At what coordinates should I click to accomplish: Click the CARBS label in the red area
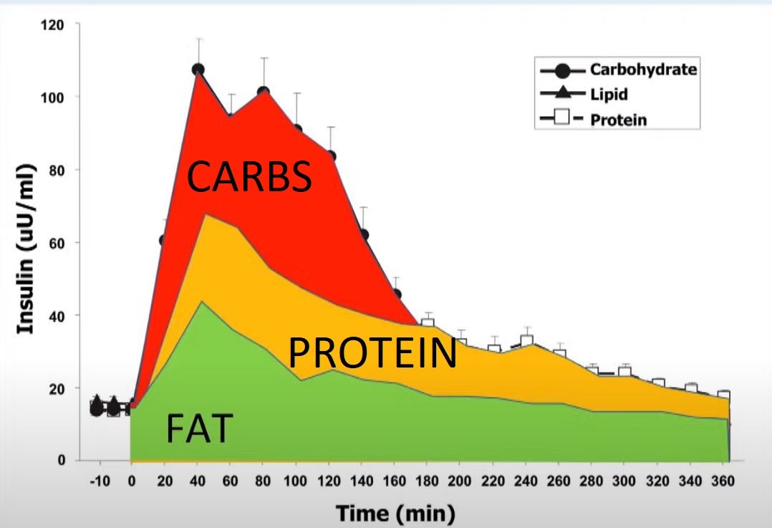click(x=249, y=177)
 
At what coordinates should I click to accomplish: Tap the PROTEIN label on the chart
click(x=372, y=353)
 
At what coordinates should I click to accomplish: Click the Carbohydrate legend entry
click(x=642, y=69)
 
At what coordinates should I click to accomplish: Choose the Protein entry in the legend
click(x=617, y=119)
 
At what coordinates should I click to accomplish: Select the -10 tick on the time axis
click(x=100, y=481)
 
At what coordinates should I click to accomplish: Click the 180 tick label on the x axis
click(x=427, y=481)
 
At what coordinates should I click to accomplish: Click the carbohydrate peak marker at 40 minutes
click(x=198, y=69)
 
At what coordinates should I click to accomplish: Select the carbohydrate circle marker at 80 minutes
click(x=264, y=92)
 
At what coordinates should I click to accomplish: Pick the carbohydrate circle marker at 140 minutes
click(x=364, y=234)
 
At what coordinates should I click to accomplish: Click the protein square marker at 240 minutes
click(x=527, y=341)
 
